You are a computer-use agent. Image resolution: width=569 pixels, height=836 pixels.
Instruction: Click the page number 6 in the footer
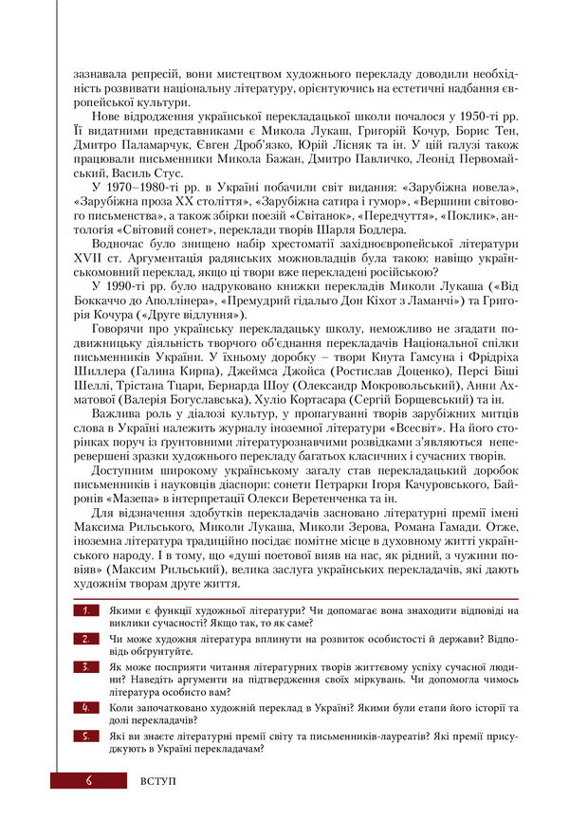[x=88, y=780]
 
